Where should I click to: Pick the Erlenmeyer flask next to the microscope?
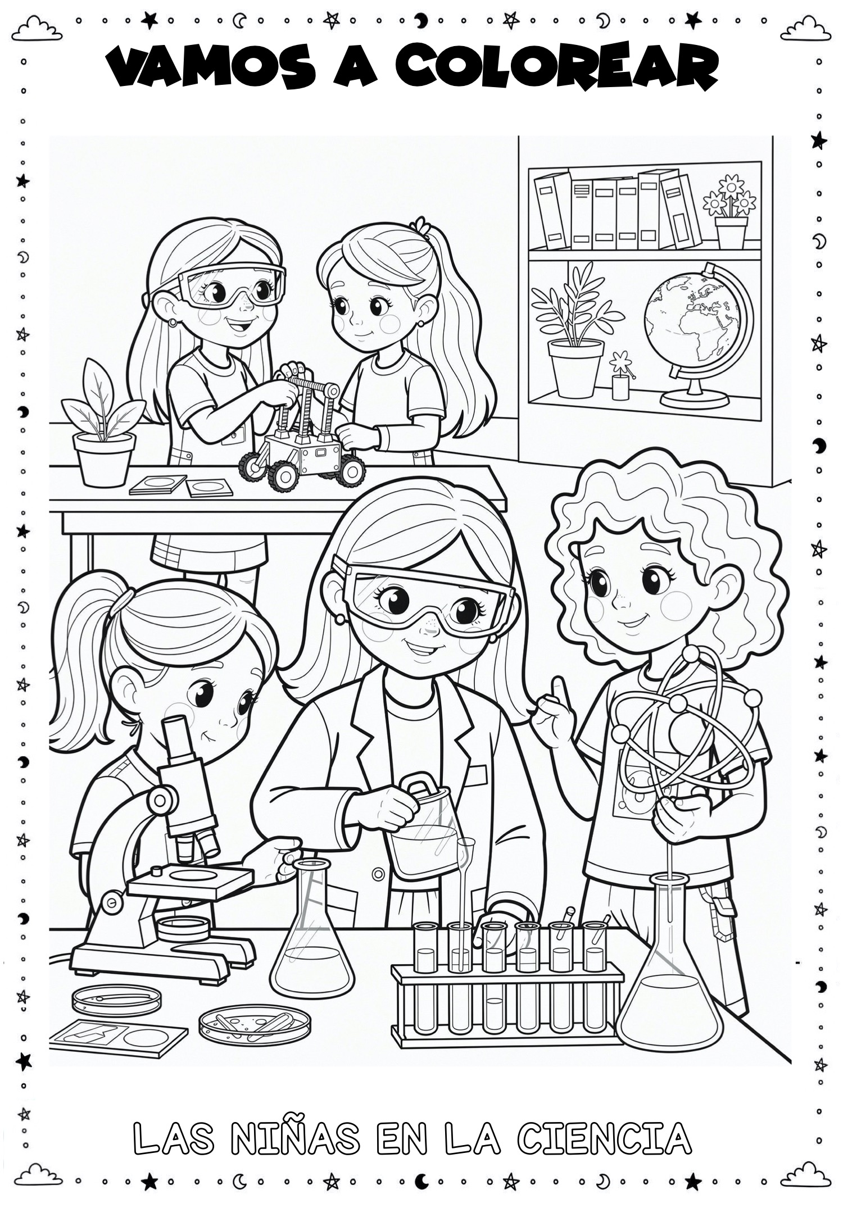coord(312,941)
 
